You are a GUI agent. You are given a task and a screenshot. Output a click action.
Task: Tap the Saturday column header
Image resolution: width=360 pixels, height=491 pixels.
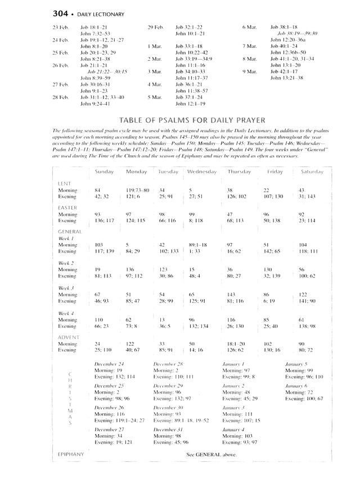coord(312,172)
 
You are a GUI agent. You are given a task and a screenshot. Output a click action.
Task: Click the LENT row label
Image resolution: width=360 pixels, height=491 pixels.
coord(64,184)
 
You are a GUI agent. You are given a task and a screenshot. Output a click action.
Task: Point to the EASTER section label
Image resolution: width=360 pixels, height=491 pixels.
coord(67,208)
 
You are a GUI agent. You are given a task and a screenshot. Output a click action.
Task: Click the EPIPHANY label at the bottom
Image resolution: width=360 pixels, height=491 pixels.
coord(70,454)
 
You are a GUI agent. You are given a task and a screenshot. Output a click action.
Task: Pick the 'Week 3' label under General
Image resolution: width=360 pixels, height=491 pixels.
coord(67,288)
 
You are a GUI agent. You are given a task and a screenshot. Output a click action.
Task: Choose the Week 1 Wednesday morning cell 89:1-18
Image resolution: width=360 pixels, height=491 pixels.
coord(198,245)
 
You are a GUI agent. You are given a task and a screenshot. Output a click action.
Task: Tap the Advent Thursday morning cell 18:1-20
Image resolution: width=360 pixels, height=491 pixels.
coord(235,343)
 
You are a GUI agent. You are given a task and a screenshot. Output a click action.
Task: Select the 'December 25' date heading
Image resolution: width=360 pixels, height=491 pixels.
coord(109,386)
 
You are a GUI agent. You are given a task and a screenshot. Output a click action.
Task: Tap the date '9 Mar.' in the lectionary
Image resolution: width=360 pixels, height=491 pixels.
coord(249,72)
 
